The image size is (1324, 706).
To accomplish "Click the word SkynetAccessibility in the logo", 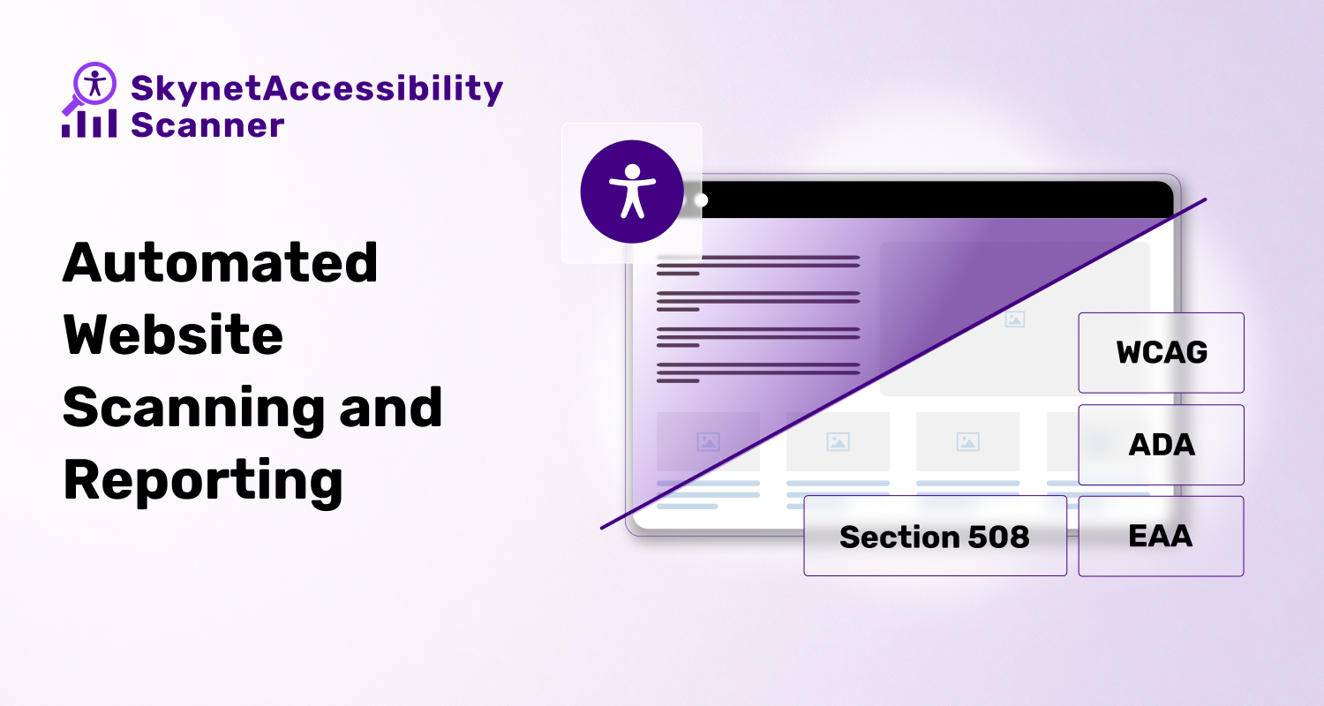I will (x=317, y=89).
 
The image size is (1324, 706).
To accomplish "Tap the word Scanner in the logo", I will (x=207, y=125).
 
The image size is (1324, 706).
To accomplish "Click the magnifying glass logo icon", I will (x=91, y=85).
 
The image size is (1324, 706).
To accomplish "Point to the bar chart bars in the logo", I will (x=88, y=124).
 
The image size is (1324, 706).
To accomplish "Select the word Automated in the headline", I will (x=221, y=262).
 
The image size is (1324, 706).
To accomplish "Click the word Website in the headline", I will (x=173, y=334).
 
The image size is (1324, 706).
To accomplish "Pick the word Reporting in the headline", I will (x=203, y=481).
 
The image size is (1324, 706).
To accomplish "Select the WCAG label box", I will (x=1161, y=352).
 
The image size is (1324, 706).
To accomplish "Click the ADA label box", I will (x=1161, y=445).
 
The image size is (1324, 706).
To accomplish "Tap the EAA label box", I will (x=1161, y=536).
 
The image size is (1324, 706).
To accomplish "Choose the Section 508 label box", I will (x=935, y=536).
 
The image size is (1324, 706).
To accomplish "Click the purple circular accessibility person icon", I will (x=631, y=191).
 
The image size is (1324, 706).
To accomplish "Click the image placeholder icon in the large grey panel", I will (x=1015, y=319).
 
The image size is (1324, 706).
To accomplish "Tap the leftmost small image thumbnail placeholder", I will (x=708, y=441).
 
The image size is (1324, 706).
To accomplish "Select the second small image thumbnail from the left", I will (x=838, y=441).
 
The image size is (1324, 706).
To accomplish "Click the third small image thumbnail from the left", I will (x=967, y=441).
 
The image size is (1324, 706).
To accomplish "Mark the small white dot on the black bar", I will (x=701, y=200).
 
